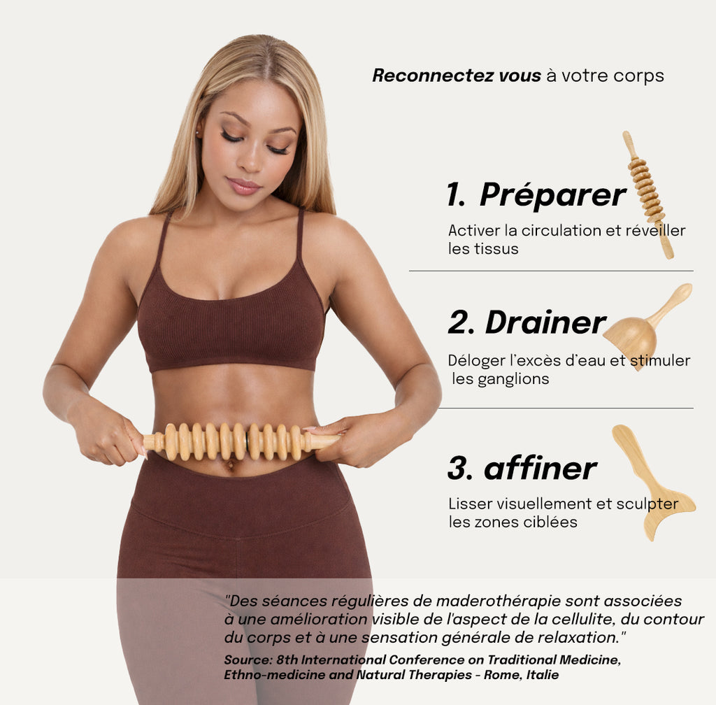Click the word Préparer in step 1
[x=552, y=196]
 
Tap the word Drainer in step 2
[x=545, y=322]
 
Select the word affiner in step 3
[x=540, y=469]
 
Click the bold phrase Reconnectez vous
[x=457, y=76]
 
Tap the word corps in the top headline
[x=638, y=76]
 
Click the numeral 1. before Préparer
[x=456, y=196]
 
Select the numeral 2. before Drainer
[x=461, y=322]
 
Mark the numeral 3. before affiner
[x=460, y=469]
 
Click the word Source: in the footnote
[x=248, y=660]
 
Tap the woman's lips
[x=243, y=185]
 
